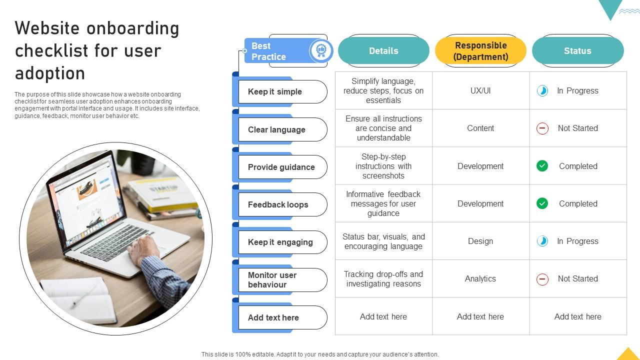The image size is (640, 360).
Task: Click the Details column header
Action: point(383,51)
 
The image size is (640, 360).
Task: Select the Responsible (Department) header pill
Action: point(480,51)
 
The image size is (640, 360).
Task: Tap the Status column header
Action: point(577,51)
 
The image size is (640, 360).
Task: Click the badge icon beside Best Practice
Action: point(320,50)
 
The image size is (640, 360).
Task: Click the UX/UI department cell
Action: point(480,90)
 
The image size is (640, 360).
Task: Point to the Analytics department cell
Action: point(480,278)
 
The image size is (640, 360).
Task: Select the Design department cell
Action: point(480,241)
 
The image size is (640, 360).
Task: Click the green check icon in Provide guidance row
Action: point(542,166)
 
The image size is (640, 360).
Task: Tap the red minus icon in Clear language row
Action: point(542,128)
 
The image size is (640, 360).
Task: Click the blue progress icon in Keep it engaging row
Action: point(542,241)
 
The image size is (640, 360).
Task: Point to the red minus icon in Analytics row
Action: point(542,279)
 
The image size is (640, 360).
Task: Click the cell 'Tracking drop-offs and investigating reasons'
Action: point(383,278)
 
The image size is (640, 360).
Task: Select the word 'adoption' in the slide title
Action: point(50,73)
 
